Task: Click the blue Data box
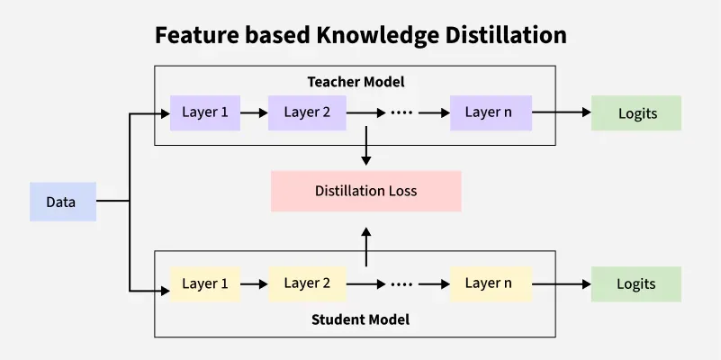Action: click(62, 202)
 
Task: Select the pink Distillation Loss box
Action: click(365, 191)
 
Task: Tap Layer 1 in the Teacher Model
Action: click(205, 113)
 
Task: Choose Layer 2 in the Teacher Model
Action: click(308, 113)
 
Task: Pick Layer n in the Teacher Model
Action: click(489, 113)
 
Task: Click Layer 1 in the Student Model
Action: click(205, 283)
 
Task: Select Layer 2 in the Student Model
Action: click(308, 283)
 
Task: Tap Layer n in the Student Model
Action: click(489, 283)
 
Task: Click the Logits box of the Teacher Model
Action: click(636, 113)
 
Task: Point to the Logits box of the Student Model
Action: click(636, 283)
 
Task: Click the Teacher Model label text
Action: click(356, 82)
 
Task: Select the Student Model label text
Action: click(360, 319)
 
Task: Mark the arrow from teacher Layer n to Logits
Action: click(562, 113)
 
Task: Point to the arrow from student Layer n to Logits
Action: click(562, 283)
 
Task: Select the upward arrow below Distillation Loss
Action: click(365, 245)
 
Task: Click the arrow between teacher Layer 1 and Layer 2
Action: click(255, 113)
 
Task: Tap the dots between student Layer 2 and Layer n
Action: click(401, 283)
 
